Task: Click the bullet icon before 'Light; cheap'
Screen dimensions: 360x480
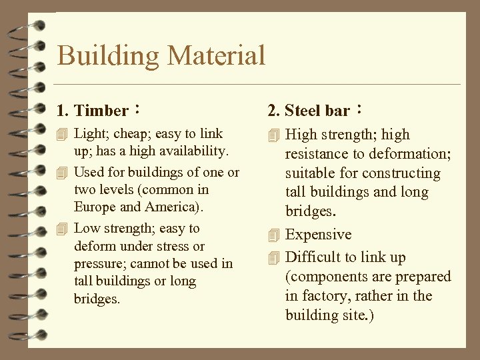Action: click(x=63, y=134)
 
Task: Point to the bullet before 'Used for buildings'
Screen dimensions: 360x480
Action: click(x=63, y=173)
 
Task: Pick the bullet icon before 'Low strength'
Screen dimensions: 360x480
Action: click(x=63, y=229)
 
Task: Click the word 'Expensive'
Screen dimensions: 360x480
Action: click(x=318, y=235)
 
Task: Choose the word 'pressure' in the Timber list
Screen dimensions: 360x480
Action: click(x=100, y=264)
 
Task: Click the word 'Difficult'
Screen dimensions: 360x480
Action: click(x=313, y=257)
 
